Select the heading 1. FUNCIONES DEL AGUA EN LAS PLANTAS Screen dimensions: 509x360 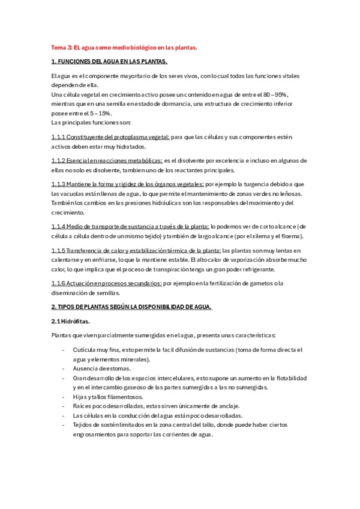coord(109,62)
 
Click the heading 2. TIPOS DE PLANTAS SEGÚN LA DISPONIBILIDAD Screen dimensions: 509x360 coord(131,307)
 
